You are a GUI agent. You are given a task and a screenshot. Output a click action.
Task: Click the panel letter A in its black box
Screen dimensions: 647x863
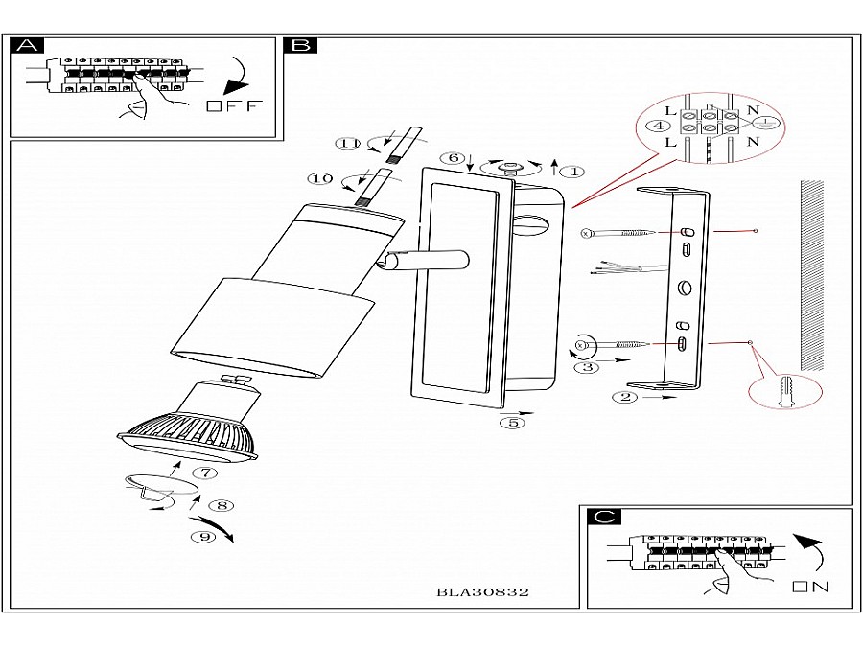point(30,45)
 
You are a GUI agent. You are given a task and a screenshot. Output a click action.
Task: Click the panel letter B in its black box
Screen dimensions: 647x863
point(300,45)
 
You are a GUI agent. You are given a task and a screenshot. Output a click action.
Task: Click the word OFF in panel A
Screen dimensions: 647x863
point(232,105)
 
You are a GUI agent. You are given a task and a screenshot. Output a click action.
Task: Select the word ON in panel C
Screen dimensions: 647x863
point(810,586)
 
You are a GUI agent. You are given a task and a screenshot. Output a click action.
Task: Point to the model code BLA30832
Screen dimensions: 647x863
point(482,591)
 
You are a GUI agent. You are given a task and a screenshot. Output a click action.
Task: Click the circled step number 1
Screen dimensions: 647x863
point(571,172)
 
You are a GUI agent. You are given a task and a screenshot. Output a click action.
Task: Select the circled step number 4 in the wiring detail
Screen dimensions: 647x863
point(658,126)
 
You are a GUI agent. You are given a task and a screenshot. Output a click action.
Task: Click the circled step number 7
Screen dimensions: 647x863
point(204,472)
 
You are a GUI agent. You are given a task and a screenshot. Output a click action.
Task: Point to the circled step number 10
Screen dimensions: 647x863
point(320,178)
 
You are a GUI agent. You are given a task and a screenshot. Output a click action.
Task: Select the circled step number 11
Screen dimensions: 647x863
point(347,144)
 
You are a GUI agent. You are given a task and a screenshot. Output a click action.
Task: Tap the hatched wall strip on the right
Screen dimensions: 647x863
point(812,276)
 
